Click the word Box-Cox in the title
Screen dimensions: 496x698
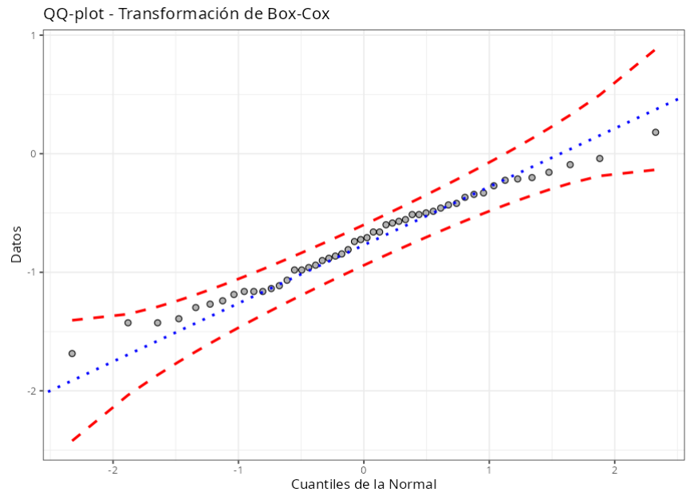(x=300, y=14)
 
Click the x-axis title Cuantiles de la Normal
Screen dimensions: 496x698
(x=364, y=484)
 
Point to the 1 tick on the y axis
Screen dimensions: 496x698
(x=34, y=35)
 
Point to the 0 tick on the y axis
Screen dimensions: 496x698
(x=34, y=154)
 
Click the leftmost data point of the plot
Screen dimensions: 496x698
(x=72, y=353)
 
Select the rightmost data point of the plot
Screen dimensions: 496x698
(x=655, y=132)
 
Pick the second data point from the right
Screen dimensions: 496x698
(x=600, y=159)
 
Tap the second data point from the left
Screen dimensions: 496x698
(x=128, y=323)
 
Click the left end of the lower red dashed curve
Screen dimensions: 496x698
(x=72, y=440)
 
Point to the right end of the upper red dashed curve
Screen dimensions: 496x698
(x=655, y=49)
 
